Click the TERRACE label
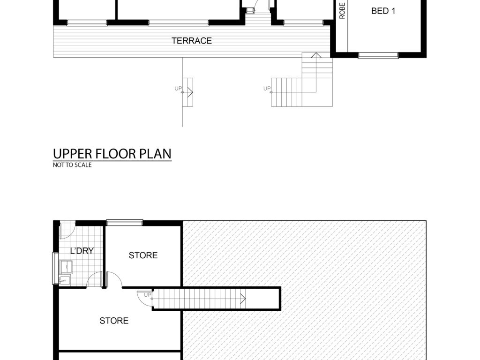tap(192, 41)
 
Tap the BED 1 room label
tap(383, 11)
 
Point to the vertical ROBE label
tap(342, 11)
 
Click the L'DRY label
tap(82, 251)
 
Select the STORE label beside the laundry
tap(143, 255)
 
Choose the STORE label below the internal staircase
tap(114, 321)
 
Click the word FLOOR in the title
tap(116, 154)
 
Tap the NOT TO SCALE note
tap(72, 165)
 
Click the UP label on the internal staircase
tap(148, 295)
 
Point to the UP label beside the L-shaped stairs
tap(267, 89)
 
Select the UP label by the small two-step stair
tap(178, 89)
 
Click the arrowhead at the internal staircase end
tap(243, 299)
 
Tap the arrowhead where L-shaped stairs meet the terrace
tap(316, 55)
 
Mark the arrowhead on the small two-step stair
tap(190, 92)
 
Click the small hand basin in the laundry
tap(64, 280)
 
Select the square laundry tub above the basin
tap(66, 267)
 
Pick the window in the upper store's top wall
tap(125, 223)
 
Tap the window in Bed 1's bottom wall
tap(378, 55)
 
